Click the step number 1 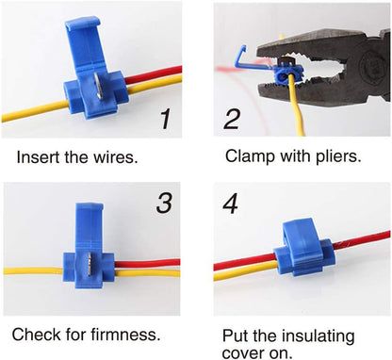tap(165, 119)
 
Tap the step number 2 tap(232, 119)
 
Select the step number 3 tap(164, 203)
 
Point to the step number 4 tap(231, 204)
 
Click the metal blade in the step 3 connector tap(90, 263)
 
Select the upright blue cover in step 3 tap(89, 227)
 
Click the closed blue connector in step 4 tap(304, 249)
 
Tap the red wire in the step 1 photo tap(154, 74)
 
